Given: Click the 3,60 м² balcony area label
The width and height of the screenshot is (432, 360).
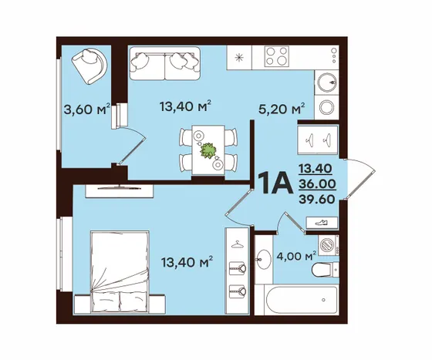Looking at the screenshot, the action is click(x=87, y=109).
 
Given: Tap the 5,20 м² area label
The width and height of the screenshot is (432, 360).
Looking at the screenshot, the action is click(x=282, y=109).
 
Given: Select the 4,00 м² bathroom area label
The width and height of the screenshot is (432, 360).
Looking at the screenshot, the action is click(x=296, y=257).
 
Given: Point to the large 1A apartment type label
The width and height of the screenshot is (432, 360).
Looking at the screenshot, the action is click(x=275, y=183).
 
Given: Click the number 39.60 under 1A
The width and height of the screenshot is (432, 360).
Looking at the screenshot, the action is click(x=317, y=199).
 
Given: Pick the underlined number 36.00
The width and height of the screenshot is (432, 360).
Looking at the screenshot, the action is click(x=317, y=183).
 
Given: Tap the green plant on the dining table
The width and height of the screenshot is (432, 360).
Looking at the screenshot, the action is click(x=208, y=150).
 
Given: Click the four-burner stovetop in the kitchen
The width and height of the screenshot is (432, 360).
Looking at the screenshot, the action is click(x=277, y=56).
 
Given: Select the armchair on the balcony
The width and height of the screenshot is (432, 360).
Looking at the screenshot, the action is click(x=89, y=66).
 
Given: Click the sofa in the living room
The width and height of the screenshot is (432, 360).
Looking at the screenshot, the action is click(x=165, y=63).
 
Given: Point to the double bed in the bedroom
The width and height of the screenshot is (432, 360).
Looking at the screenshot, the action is click(x=120, y=272).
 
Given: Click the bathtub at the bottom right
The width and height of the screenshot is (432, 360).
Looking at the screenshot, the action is click(x=296, y=300).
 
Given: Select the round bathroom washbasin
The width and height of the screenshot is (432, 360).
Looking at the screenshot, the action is click(x=264, y=259).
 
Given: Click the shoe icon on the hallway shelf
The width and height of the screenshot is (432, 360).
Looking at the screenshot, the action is click(x=322, y=222).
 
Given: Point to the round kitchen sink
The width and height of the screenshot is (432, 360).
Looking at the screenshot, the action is click(x=327, y=82).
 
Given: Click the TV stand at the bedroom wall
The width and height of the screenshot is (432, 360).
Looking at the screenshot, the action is click(x=119, y=190).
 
